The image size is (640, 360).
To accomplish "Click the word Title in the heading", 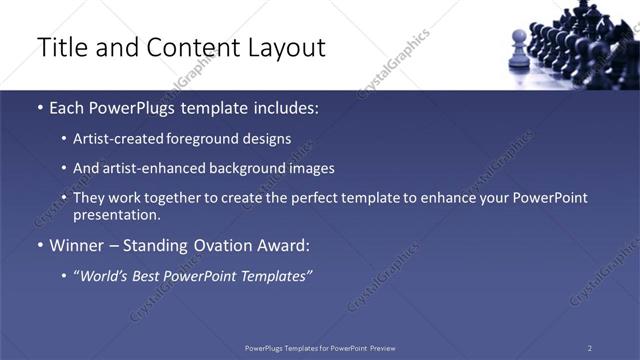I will coord(59,47).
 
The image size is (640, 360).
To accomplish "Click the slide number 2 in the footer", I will coord(590,348).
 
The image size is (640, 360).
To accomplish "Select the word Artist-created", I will coord(113,139).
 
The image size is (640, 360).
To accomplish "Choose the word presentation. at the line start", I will coord(116,214).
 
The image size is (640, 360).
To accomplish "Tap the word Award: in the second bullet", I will coord(283,244).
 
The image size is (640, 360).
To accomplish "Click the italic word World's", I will coord(104,274).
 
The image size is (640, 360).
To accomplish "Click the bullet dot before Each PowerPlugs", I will coord(39,107).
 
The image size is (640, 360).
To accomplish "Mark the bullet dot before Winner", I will coord(39,245).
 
